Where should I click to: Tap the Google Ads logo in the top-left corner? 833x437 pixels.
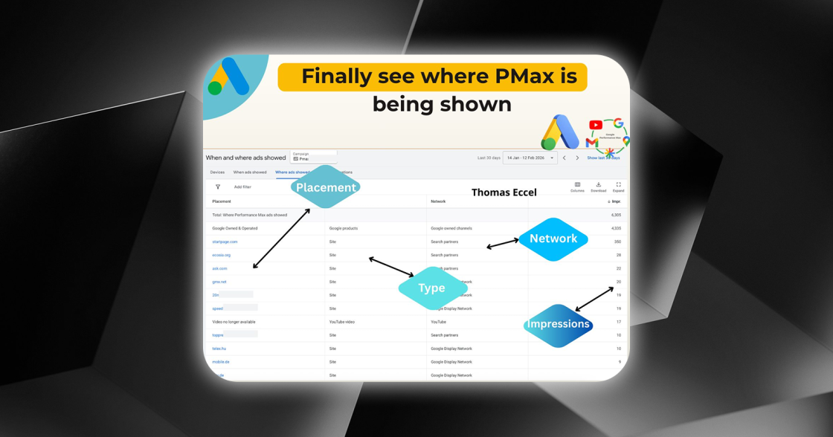click(x=228, y=77)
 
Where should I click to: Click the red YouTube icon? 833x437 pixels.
click(x=595, y=125)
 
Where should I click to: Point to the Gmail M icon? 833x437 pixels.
click(x=591, y=142)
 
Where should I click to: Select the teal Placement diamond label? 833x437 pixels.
click(x=326, y=187)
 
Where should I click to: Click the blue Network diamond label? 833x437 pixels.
click(x=553, y=239)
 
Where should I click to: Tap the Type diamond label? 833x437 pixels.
click(x=431, y=288)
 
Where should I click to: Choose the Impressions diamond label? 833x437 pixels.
click(x=558, y=324)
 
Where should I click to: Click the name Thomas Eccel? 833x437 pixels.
click(x=504, y=192)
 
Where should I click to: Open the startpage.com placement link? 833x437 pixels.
click(x=225, y=242)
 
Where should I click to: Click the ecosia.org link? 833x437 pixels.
click(x=221, y=255)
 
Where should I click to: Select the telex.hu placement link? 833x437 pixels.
click(x=219, y=349)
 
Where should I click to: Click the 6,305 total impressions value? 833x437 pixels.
click(x=616, y=215)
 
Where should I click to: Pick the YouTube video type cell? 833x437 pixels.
click(x=342, y=322)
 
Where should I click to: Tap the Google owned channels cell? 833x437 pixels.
click(x=451, y=228)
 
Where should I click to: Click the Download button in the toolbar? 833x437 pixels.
click(x=598, y=187)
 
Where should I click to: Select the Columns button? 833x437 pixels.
click(x=577, y=187)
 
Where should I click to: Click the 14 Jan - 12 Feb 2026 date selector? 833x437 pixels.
click(x=530, y=158)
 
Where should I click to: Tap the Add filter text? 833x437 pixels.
click(x=242, y=187)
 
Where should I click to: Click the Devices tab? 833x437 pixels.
click(x=217, y=172)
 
